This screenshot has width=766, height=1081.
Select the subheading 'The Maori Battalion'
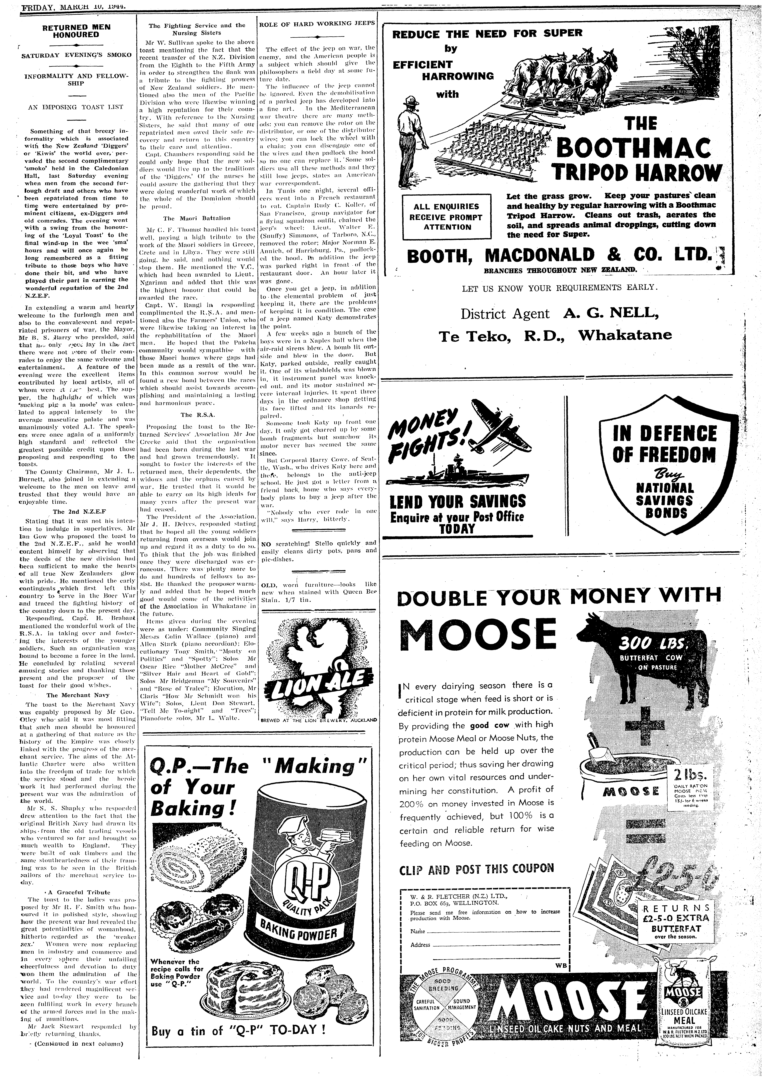(x=197, y=218)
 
